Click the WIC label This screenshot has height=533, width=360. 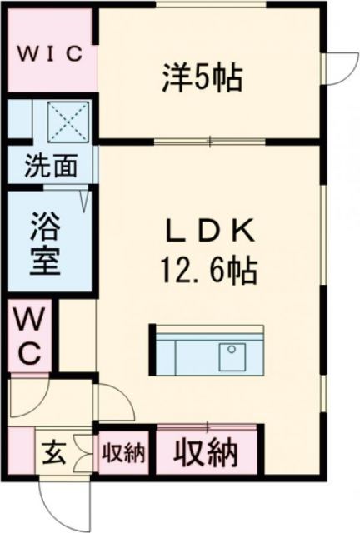pyautogui.click(x=51, y=54)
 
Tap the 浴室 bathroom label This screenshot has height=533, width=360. pyautogui.click(x=46, y=243)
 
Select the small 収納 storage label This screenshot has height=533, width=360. pyautogui.click(x=124, y=454)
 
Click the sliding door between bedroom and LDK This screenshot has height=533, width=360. pyautogui.click(x=208, y=142)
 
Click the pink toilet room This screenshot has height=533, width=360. pyautogui.click(x=30, y=336)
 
